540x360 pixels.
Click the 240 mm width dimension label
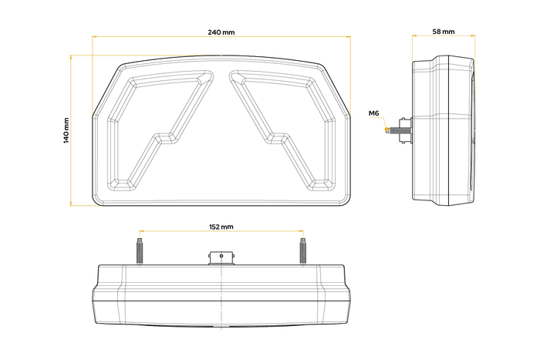point(221,32)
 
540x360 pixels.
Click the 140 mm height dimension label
point(67,130)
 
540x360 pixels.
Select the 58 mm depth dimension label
point(443,32)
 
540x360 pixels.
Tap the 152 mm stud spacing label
point(221,227)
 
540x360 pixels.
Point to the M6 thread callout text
point(374,114)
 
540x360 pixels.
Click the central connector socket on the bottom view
point(221,256)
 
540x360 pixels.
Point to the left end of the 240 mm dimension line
point(93,36)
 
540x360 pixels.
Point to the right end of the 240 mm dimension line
point(350,36)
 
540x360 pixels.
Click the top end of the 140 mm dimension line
point(71,56)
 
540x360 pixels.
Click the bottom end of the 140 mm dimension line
point(71,206)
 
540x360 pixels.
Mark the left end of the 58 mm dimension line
point(413,36)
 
